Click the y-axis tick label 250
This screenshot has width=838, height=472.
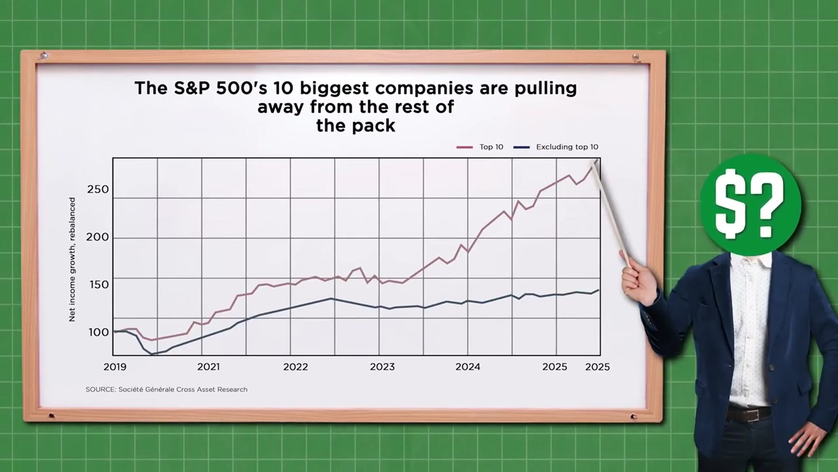(98, 189)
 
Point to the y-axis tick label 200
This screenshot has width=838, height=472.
(98, 237)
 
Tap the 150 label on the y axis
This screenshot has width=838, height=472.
(99, 285)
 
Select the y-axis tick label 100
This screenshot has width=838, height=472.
(99, 332)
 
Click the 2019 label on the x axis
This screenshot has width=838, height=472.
(115, 367)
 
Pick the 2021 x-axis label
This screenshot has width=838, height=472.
(208, 367)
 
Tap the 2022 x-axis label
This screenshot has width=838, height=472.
(295, 367)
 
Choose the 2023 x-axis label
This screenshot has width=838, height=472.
(382, 367)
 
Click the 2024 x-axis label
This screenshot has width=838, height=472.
(468, 367)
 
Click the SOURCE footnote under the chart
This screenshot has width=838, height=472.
(166, 389)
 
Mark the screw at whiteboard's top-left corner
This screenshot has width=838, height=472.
(43, 56)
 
